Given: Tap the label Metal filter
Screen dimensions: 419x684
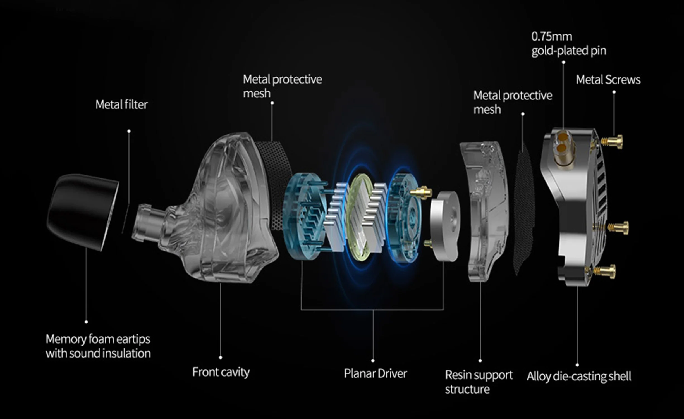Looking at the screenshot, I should [x=121, y=105].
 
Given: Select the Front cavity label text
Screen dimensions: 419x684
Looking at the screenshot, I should [x=221, y=372].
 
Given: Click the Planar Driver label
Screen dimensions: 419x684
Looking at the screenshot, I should [x=375, y=373].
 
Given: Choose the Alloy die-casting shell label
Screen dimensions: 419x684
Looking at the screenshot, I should [x=579, y=376].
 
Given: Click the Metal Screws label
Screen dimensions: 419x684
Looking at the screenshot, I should [x=608, y=80].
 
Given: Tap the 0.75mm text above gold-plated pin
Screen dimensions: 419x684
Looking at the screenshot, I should [x=552, y=37].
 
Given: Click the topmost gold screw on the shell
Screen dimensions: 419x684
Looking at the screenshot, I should [x=613, y=142].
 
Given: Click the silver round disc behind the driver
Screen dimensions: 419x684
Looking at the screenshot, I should [x=444, y=226].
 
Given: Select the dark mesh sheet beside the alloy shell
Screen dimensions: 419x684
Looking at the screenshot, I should [x=523, y=209].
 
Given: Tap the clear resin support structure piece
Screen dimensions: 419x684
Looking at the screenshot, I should [x=486, y=209].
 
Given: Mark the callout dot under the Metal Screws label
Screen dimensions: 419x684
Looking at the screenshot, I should [x=614, y=92].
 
